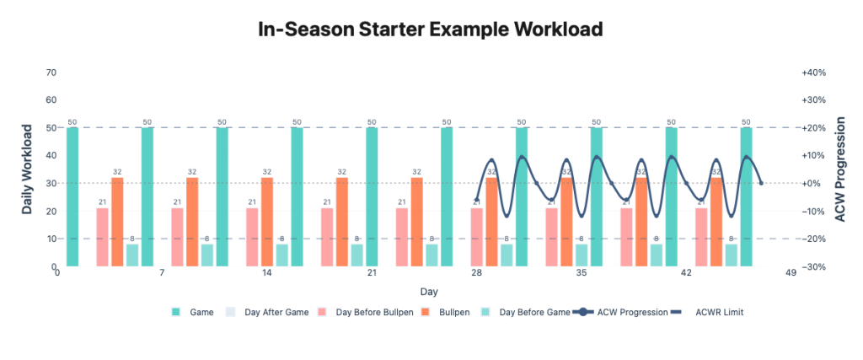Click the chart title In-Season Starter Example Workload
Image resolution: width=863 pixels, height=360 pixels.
click(431, 30)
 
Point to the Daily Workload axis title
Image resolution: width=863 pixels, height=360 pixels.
click(28, 169)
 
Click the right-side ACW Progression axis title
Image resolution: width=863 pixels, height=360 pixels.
click(839, 169)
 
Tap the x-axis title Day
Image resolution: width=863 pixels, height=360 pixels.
click(429, 292)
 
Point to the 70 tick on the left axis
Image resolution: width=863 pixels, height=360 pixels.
click(51, 73)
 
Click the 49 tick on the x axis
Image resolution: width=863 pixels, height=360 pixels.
click(791, 273)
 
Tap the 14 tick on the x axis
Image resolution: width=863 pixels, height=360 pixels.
click(267, 273)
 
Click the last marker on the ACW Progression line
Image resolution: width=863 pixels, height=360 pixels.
click(761, 183)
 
